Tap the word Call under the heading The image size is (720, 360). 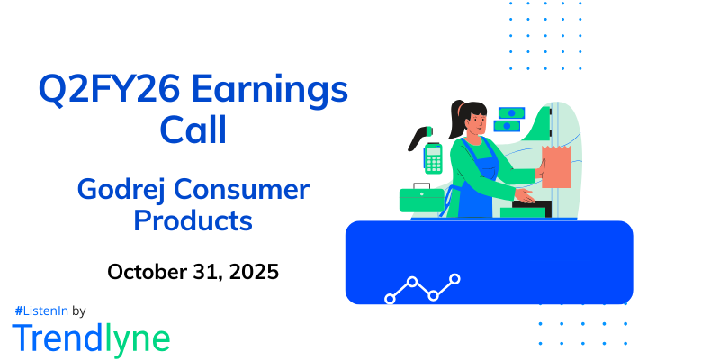[x=193, y=130]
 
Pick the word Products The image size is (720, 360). [x=193, y=220]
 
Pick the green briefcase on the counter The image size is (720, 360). [x=422, y=199]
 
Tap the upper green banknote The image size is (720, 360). [x=510, y=113]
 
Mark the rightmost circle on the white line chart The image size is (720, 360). [x=455, y=279]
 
